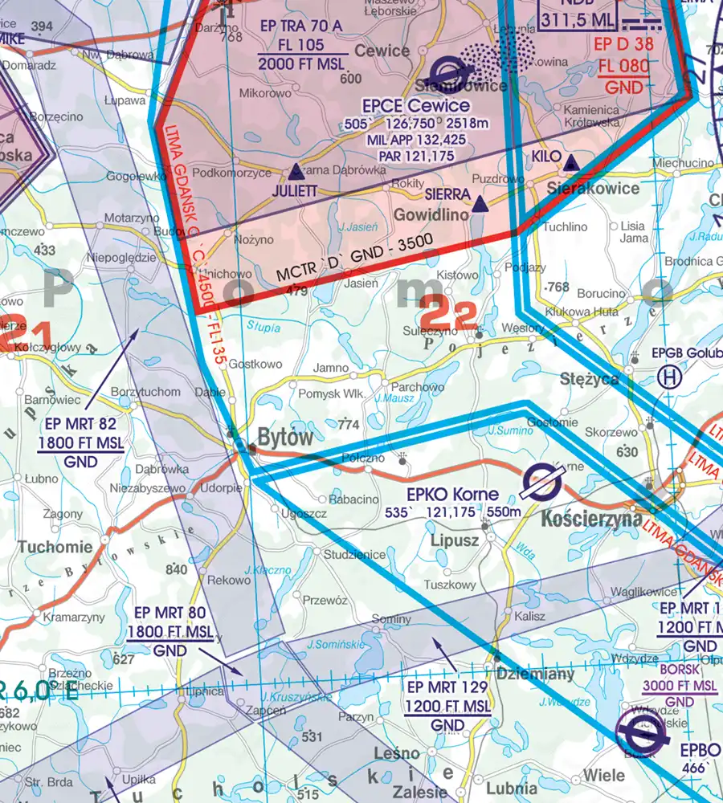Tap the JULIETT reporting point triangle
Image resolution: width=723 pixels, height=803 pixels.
296,171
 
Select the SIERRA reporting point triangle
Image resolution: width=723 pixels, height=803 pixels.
480,206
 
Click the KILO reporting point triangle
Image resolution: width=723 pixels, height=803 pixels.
570,163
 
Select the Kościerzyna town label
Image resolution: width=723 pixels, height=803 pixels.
591,520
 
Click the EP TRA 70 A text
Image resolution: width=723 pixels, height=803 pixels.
302,26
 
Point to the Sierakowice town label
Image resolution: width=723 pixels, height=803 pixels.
593,189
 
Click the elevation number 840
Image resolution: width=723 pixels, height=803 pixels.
176,569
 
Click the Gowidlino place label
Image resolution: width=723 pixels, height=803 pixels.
431,215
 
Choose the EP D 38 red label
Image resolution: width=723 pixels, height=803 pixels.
623,44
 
